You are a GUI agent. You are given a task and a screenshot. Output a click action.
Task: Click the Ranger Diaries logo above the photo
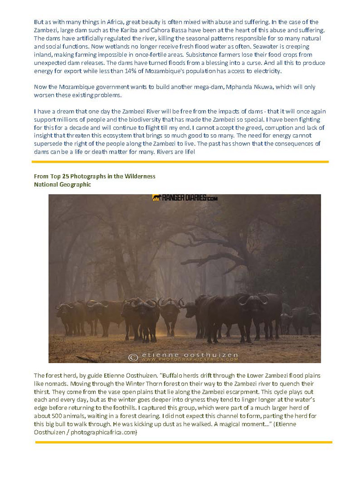click(185, 198)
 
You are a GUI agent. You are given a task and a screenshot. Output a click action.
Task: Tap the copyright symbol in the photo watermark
click(133, 357)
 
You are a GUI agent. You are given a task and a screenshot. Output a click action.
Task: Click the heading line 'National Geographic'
click(62, 184)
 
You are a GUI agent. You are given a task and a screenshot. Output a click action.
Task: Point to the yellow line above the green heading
click(180, 161)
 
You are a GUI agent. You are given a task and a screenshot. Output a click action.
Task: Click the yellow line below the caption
click(183, 442)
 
